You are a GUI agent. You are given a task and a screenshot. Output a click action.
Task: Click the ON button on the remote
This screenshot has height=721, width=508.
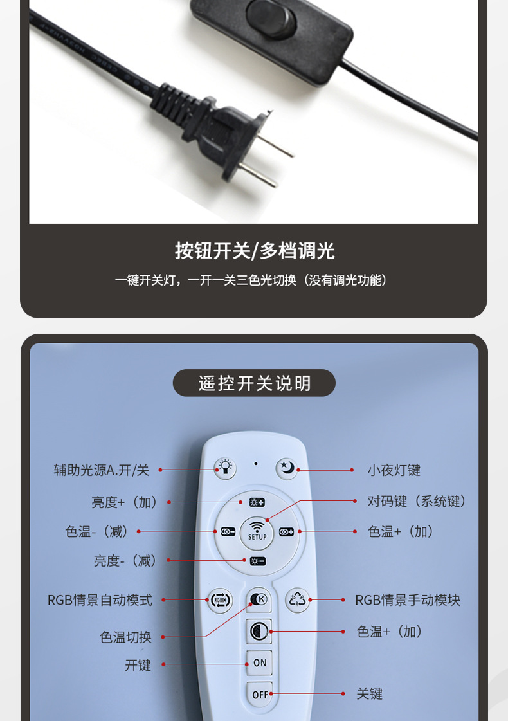click(259, 662)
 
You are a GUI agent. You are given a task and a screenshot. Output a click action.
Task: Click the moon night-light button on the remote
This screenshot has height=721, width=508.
click(286, 469)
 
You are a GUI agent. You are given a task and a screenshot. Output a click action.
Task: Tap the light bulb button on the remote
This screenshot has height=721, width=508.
click(225, 469)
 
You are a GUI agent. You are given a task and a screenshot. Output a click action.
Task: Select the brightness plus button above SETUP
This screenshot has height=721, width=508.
click(257, 502)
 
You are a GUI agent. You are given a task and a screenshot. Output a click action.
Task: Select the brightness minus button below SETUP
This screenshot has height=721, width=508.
click(257, 561)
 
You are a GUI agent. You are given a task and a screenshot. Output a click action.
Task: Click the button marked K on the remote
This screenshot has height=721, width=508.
click(259, 599)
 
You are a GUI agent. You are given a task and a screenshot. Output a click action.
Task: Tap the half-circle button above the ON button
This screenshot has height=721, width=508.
click(259, 631)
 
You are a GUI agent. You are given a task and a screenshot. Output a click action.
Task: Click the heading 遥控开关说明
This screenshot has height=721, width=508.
click(254, 383)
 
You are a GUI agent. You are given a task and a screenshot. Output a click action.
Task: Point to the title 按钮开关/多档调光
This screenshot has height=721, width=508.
click(254, 251)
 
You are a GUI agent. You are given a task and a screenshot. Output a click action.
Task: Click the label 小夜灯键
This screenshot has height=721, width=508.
click(394, 470)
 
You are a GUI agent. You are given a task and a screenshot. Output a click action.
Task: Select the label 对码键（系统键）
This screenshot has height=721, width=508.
click(417, 501)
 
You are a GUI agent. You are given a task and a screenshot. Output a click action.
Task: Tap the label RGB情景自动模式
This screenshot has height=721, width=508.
click(100, 600)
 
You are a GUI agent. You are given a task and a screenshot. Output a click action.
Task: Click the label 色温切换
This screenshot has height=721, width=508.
click(125, 637)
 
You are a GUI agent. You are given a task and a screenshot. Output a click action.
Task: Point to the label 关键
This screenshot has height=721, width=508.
click(370, 694)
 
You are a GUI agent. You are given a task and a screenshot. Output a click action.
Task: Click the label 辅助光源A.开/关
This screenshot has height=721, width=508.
click(102, 470)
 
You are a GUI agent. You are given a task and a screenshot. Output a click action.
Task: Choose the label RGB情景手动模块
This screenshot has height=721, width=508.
click(408, 600)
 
